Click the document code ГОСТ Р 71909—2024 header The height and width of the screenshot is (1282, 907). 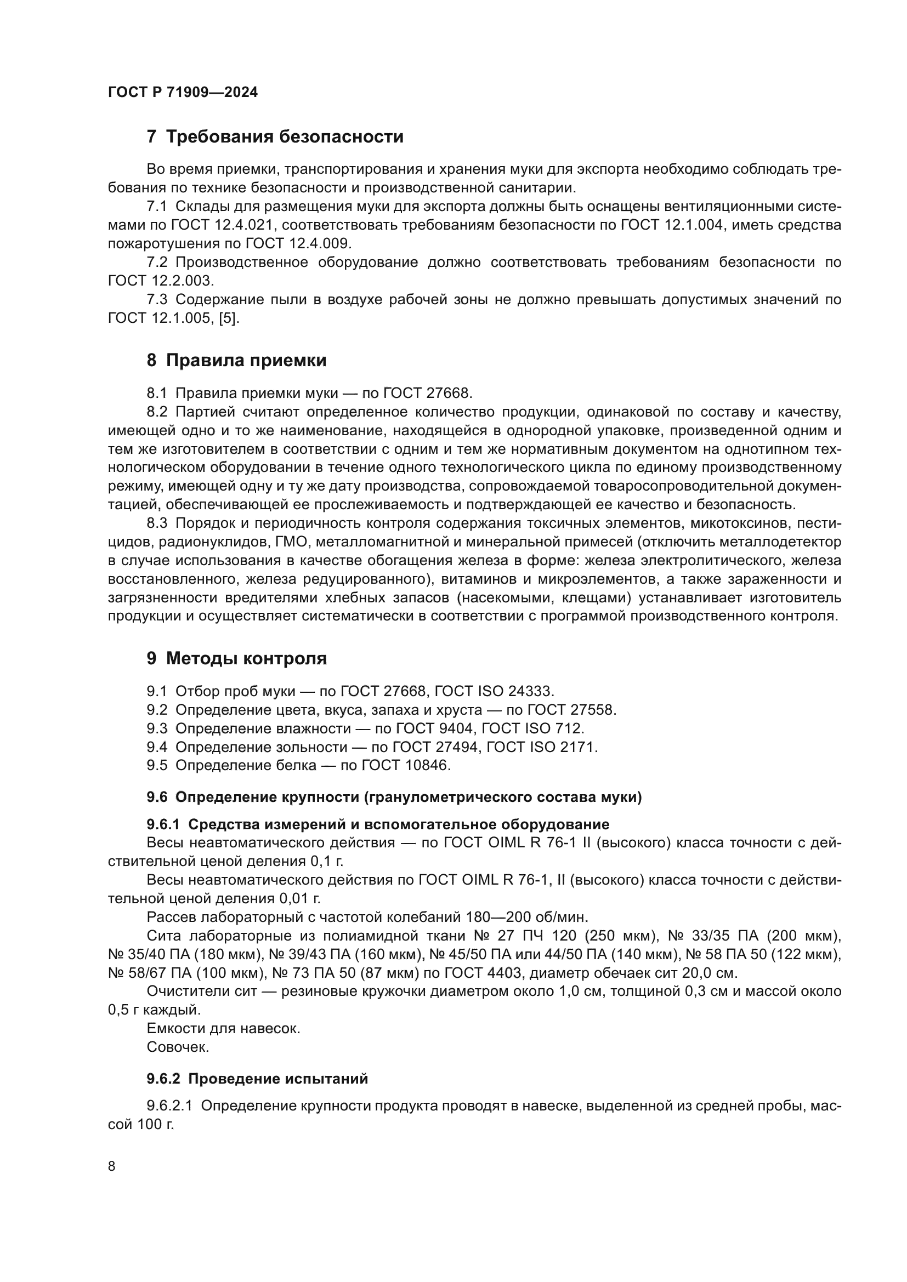(183, 93)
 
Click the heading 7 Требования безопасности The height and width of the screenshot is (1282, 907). (275, 137)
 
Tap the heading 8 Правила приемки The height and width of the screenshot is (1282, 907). (236, 361)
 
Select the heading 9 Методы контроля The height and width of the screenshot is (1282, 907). (236, 659)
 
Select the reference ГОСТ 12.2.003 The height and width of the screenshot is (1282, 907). (160, 281)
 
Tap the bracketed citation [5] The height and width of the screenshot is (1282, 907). (229, 318)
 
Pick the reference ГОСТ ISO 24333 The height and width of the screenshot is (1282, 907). (494, 691)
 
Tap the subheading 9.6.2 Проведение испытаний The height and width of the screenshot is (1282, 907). (258, 1079)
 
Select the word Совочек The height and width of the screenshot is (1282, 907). (178, 1047)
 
